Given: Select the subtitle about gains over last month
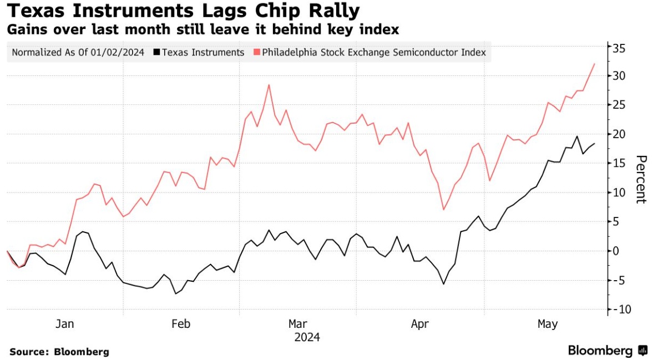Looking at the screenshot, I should coord(203,29).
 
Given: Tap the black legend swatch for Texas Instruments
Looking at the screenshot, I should coord(157,52).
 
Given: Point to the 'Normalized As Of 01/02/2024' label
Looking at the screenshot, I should coord(78,52).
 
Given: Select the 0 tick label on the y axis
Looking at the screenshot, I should coord(616,251).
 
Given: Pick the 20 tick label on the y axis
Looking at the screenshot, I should coord(620,134).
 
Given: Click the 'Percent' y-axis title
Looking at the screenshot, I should coord(641,179).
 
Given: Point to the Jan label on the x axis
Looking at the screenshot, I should coord(65,324).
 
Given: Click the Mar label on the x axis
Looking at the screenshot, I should coord(297,324).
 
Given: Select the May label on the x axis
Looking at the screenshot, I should coord(548,324).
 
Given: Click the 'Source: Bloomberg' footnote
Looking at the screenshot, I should coord(59,352).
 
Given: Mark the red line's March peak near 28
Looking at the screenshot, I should coord(269,85).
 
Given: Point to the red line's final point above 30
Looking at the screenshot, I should coord(594,64).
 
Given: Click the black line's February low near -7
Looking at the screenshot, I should coord(176,293).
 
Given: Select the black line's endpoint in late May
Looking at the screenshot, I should coord(594,144).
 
